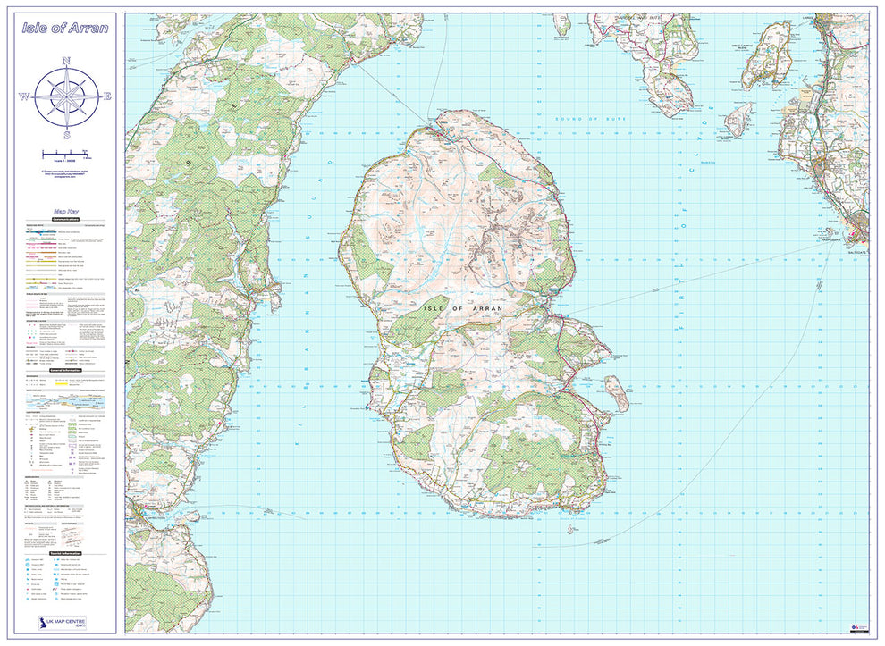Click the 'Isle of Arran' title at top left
click(x=66, y=28)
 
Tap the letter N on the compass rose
click(x=66, y=61)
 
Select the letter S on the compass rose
click(x=66, y=135)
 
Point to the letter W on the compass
click(x=25, y=97)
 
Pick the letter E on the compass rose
click(x=107, y=97)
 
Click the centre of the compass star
click(x=66, y=97)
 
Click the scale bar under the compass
click(x=66, y=153)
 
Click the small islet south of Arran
click(x=571, y=530)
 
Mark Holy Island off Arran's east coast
click(x=616, y=392)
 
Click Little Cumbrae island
click(x=739, y=119)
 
